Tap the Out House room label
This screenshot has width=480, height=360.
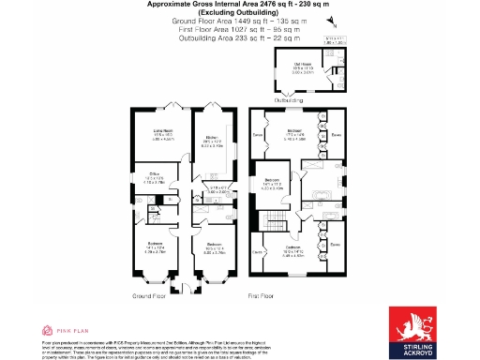tap(302, 66)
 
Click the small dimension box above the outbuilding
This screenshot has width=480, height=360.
tap(335, 39)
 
